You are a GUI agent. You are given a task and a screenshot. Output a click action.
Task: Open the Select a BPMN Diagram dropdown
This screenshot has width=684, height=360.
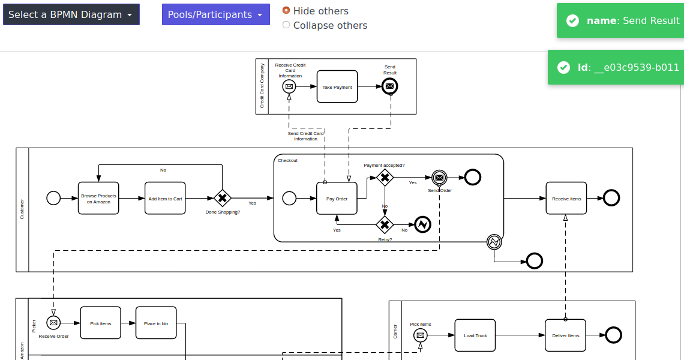(x=71, y=14)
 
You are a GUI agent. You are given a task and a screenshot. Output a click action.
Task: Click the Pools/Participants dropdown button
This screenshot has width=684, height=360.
(x=215, y=14)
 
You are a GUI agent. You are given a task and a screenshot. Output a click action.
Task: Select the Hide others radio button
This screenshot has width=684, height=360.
(x=286, y=10)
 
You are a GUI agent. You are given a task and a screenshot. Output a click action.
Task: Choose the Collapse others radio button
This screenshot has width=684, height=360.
(x=286, y=25)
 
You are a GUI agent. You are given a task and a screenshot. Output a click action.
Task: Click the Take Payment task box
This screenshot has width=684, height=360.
(x=337, y=87)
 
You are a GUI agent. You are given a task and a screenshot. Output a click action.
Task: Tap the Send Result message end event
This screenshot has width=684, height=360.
(x=390, y=86)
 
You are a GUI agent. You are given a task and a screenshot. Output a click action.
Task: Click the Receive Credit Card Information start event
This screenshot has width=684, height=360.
(x=289, y=86)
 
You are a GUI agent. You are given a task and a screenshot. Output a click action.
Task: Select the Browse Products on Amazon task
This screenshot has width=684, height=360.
(x=98, y=198)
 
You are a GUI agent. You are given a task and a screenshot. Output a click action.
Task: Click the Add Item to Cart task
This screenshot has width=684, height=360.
(x=165, y=198)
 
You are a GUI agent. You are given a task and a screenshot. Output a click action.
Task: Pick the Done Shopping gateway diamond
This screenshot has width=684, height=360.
(x=223, y=198)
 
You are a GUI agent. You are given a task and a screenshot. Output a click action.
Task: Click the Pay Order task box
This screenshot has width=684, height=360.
(x=337, y=198)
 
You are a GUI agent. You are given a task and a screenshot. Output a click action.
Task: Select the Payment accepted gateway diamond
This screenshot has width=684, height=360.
(x=385, y=176)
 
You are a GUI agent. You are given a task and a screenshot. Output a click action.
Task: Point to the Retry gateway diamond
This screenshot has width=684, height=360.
(x=385, y=224)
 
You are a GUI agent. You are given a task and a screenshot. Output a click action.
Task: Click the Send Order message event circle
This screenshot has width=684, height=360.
(x=440, y=177)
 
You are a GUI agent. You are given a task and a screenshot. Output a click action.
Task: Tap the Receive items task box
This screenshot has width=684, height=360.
(x=566, y=198)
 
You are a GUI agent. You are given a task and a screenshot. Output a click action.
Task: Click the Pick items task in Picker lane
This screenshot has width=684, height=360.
(x=100, y=323)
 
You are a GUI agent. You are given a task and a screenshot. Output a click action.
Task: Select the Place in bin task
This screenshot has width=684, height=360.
(x=156, y=323)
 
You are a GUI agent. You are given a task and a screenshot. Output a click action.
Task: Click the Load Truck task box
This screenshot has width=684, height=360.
(x=475, y=335)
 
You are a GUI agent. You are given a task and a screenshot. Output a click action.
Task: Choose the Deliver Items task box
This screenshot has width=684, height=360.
(x=565, y=335)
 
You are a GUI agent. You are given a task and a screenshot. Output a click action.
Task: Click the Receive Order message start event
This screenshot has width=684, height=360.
(x=53, y=323)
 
